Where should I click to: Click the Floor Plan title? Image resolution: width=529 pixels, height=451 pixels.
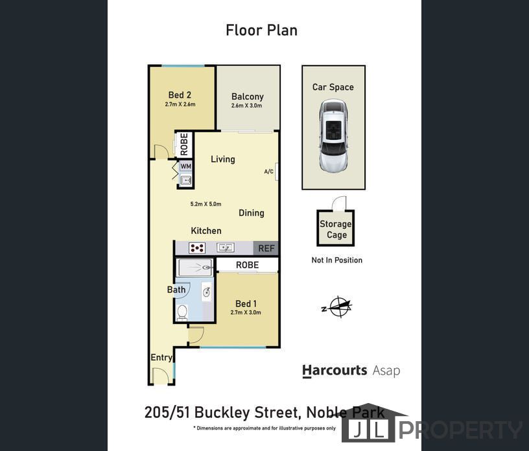261,30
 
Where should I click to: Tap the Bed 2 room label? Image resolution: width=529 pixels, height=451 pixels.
180,95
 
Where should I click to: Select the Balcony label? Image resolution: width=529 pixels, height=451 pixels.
247,97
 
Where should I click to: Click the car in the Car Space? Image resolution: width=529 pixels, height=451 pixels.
333,136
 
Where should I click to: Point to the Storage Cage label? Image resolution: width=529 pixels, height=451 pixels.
335,229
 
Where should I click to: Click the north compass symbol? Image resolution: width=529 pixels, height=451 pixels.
338,307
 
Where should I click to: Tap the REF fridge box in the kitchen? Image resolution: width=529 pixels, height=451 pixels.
266,248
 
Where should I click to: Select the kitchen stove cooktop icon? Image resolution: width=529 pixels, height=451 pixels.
196,248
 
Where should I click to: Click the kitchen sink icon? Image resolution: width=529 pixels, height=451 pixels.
226,248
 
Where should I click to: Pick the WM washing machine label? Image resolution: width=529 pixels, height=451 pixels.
186,167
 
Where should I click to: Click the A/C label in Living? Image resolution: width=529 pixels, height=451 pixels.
268,172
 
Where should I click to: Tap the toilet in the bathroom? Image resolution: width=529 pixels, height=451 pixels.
182,312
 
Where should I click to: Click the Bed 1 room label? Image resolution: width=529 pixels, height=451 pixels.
246,304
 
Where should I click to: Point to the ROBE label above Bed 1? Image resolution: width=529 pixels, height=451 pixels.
247,265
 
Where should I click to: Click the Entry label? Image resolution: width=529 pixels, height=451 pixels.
161,358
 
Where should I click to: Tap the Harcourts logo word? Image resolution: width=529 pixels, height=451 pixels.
335,371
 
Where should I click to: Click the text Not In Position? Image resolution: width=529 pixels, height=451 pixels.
336,260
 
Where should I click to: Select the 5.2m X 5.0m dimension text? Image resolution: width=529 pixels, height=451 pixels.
206,204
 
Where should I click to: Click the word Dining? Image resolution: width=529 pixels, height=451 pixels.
251,213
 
